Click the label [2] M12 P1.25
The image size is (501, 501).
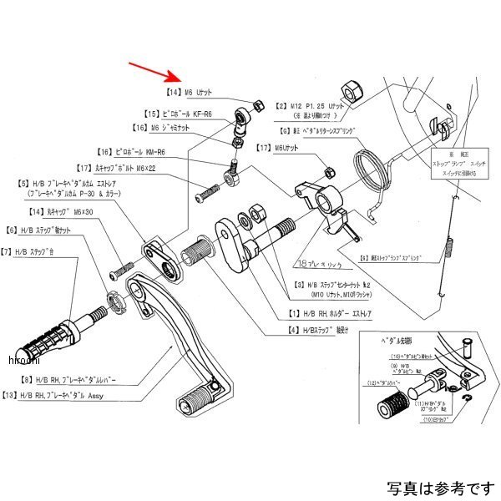[312, 107]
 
